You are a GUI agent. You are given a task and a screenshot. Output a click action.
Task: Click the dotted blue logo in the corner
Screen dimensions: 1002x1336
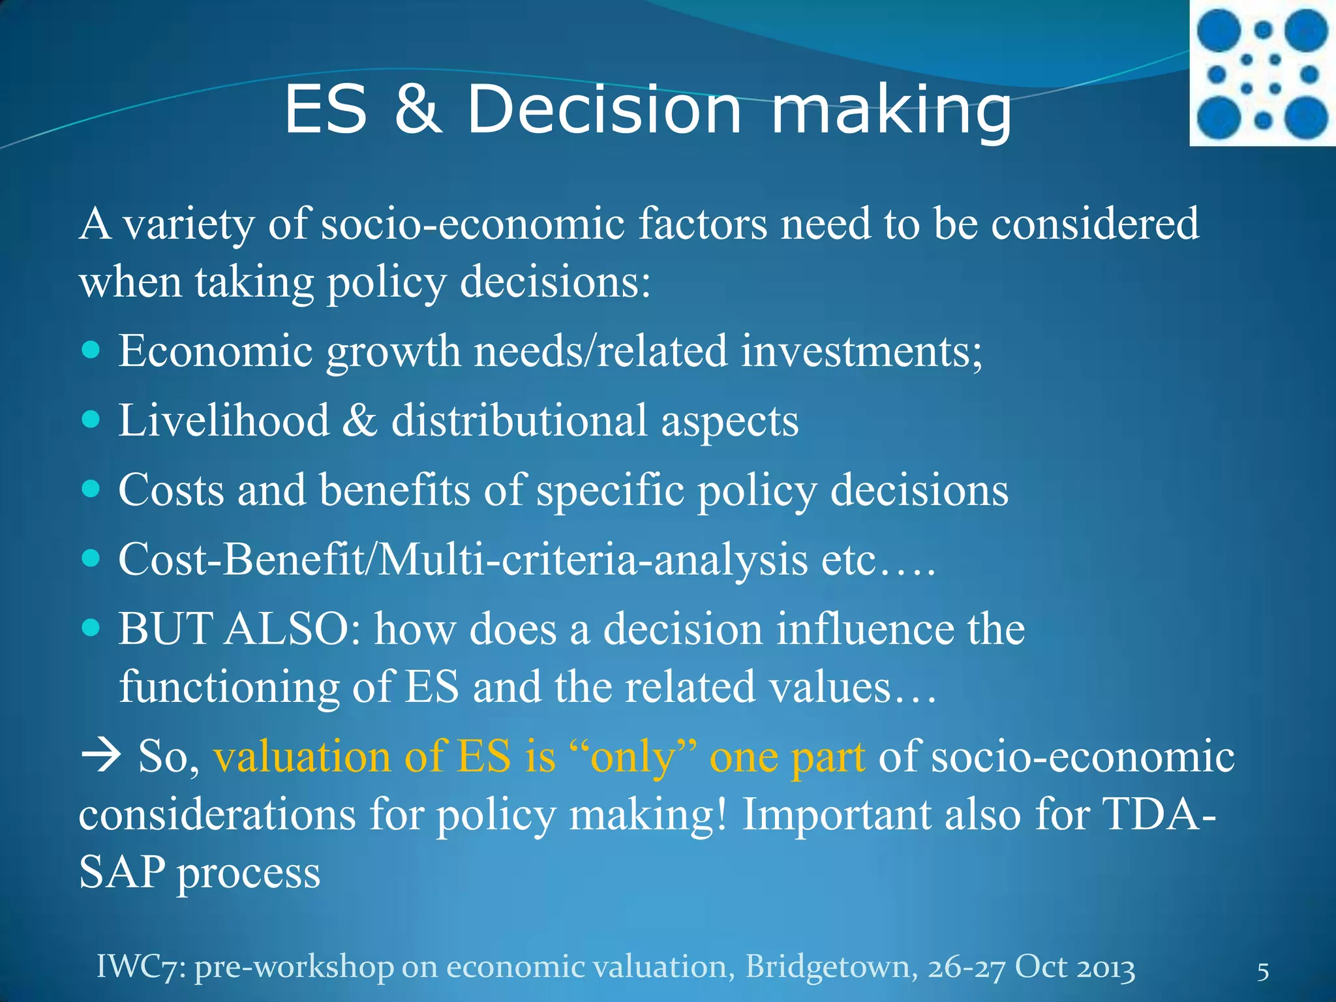[1262, 73]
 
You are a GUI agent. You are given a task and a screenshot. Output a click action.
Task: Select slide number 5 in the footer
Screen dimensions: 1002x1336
[1263, 971]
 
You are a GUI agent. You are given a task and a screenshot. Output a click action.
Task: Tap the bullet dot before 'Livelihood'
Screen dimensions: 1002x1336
[92, 419]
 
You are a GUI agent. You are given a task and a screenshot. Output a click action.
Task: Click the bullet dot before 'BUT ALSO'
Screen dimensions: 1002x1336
[92, 628]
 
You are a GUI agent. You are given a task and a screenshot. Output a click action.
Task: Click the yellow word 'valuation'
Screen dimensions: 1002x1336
[302, 757]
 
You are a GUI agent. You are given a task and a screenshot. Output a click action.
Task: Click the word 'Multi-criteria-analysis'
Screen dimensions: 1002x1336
[593, 559]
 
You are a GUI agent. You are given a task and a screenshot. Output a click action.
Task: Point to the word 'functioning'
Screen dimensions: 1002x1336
[228, 686]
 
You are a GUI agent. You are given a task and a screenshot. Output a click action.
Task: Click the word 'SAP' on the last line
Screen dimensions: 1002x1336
[121, 872]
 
